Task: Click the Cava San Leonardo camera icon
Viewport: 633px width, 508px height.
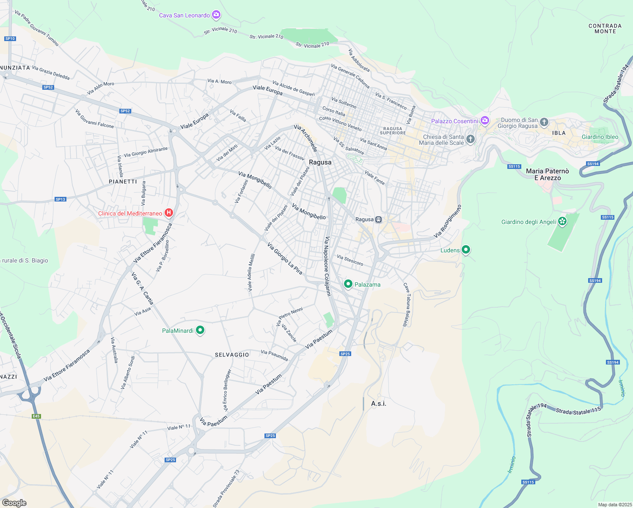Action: point(216,15)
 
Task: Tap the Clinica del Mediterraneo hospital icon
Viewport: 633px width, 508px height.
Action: point(169,213)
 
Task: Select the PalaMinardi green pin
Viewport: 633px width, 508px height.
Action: point(200,330)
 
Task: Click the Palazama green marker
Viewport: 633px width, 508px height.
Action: point(348,284)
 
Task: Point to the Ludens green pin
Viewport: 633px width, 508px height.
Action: point(466,250)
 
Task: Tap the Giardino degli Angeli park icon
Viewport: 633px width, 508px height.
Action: point(562,221)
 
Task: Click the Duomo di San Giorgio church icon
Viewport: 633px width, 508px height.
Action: point(544,123)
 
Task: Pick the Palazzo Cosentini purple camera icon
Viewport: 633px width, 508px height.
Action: point(485,121)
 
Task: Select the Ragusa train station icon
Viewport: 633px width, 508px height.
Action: point(379,219)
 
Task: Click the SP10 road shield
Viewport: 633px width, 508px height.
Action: point(10,39)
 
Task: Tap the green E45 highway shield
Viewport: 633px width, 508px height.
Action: point(36,416)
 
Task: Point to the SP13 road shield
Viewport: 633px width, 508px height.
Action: point(61,199)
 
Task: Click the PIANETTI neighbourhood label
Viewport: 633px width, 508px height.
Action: point(123,182)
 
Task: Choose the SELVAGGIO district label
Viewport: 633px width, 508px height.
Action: point(232,355)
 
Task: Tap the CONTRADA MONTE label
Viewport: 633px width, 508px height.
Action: point(605,28)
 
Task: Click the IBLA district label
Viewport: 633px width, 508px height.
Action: point(559,133)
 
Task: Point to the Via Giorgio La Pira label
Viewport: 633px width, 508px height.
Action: point(285,258)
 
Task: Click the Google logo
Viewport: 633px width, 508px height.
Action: point(14,503)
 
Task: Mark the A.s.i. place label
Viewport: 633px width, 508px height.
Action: point(379,403)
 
